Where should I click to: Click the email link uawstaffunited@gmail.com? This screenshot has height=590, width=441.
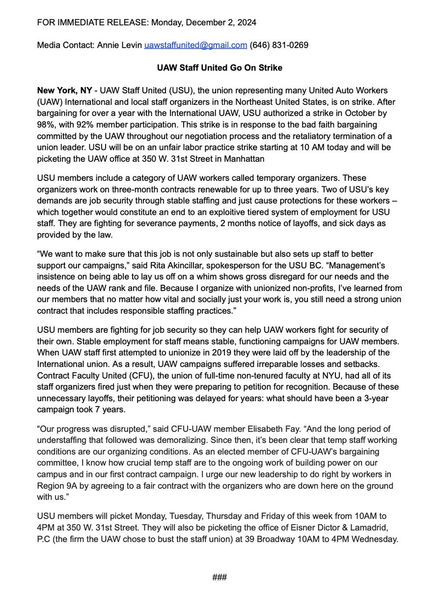click(195, 45)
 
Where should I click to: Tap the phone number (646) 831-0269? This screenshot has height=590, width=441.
click(279, 45)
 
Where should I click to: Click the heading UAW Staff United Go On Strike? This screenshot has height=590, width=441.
click(220, 68)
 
